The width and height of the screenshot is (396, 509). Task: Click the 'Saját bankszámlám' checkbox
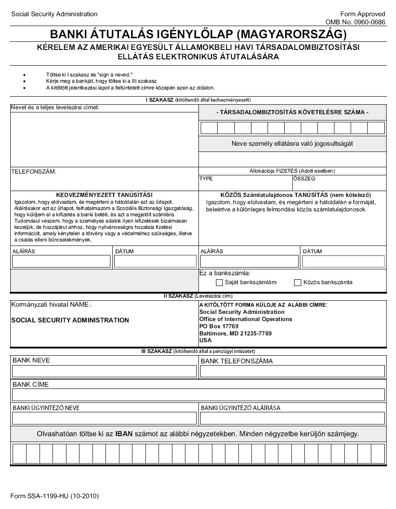pos(219,283)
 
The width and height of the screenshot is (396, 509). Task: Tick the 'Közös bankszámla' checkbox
pos(297,283)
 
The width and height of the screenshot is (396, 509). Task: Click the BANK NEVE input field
pos(104,371)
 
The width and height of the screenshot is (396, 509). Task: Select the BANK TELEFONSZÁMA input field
pos(292,371)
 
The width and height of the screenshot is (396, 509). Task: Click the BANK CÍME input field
pos(198,395)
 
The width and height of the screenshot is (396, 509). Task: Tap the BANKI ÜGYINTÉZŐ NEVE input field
pos(104,419)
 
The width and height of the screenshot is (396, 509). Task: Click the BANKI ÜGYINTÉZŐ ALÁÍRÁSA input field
pos(292,419)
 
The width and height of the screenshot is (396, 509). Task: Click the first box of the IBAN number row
pos(19,453)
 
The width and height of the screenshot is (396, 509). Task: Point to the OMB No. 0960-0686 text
pos(355,22)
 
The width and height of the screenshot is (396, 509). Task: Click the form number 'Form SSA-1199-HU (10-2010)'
pos(54,496)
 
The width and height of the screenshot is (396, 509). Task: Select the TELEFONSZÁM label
pos(34,171)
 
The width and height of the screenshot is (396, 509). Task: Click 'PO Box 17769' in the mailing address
pos(219,326)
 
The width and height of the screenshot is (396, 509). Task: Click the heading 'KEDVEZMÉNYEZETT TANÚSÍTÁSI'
pos(104,195)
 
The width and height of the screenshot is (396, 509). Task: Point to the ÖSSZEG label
pos(304,179)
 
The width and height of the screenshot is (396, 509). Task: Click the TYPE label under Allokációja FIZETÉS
pos(206,179)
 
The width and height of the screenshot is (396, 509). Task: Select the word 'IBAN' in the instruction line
pos(123,434)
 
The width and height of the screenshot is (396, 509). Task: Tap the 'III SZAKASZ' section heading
pos(154,351)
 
